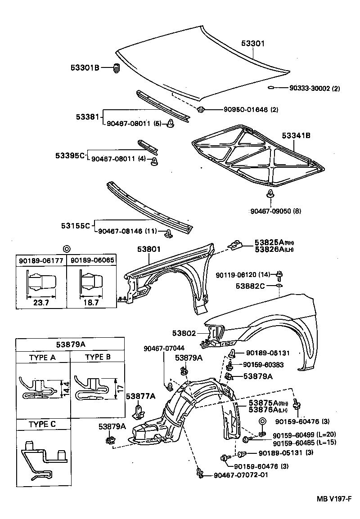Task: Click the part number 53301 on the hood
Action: pyautogui.click(x=252, y=44)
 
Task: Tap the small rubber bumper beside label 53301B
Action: pyautogui.click(x=116, y=69)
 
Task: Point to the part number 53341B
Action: pyautogui.click(x=297, y=135)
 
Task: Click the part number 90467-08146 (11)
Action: pyautogui.click(x=126, y=231)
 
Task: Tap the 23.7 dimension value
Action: pyautogui.click(x=41, y=302)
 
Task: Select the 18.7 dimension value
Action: pyautogui.click(x=90, y=302)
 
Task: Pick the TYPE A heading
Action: pyautogui.click(x=43, y=358)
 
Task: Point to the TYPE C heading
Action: pyautogui.click(x=43, y=424)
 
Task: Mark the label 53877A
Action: pyautogui.click(x=140, y=396)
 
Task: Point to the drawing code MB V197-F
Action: pyautogui.click(x=333, y=499)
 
